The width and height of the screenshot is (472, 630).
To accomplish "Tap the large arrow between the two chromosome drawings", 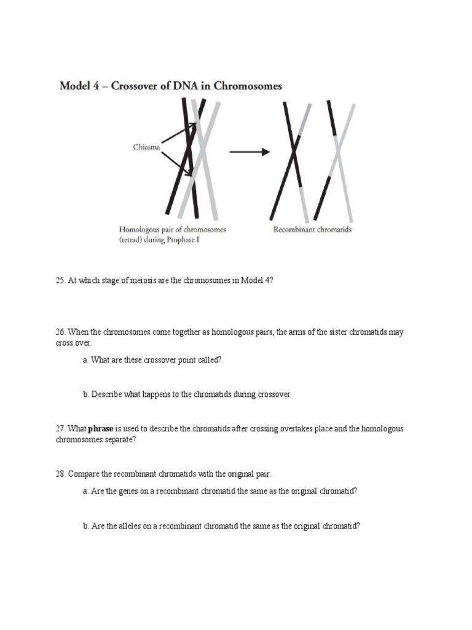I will (250, 152).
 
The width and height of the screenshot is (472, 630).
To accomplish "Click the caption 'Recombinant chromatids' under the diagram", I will (313, 231).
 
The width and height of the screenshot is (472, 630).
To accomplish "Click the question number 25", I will (60, 281).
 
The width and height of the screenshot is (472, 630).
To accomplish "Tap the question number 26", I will (60, 332).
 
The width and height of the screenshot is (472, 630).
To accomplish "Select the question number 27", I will (60, 429).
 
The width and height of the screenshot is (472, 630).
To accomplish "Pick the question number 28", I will (60, 474).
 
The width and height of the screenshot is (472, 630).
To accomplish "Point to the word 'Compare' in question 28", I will (82, 474).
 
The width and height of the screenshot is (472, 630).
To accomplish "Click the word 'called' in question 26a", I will (209, 361).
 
